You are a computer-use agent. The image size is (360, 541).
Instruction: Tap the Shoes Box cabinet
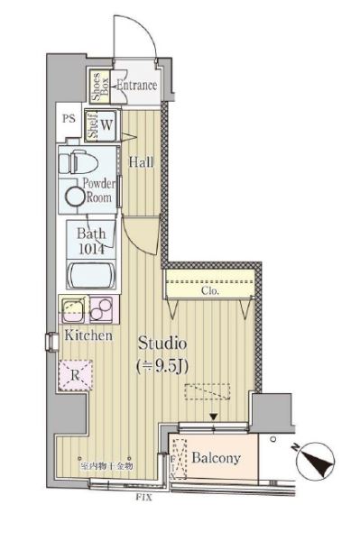click(x=98, y=86)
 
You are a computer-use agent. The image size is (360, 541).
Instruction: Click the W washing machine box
click(x=107, y=126)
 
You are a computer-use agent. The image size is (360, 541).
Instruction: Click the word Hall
click(x=140, y=163)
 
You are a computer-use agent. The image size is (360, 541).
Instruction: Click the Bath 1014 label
click(x=92, y=240)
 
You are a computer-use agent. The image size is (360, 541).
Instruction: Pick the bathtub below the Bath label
click(x=91, y=275)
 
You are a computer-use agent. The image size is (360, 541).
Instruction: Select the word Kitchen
click(x=88, y=335)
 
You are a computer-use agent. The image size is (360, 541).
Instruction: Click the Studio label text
click(x=162, y=344)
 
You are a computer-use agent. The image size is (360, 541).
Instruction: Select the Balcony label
click(x=216, y=458)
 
